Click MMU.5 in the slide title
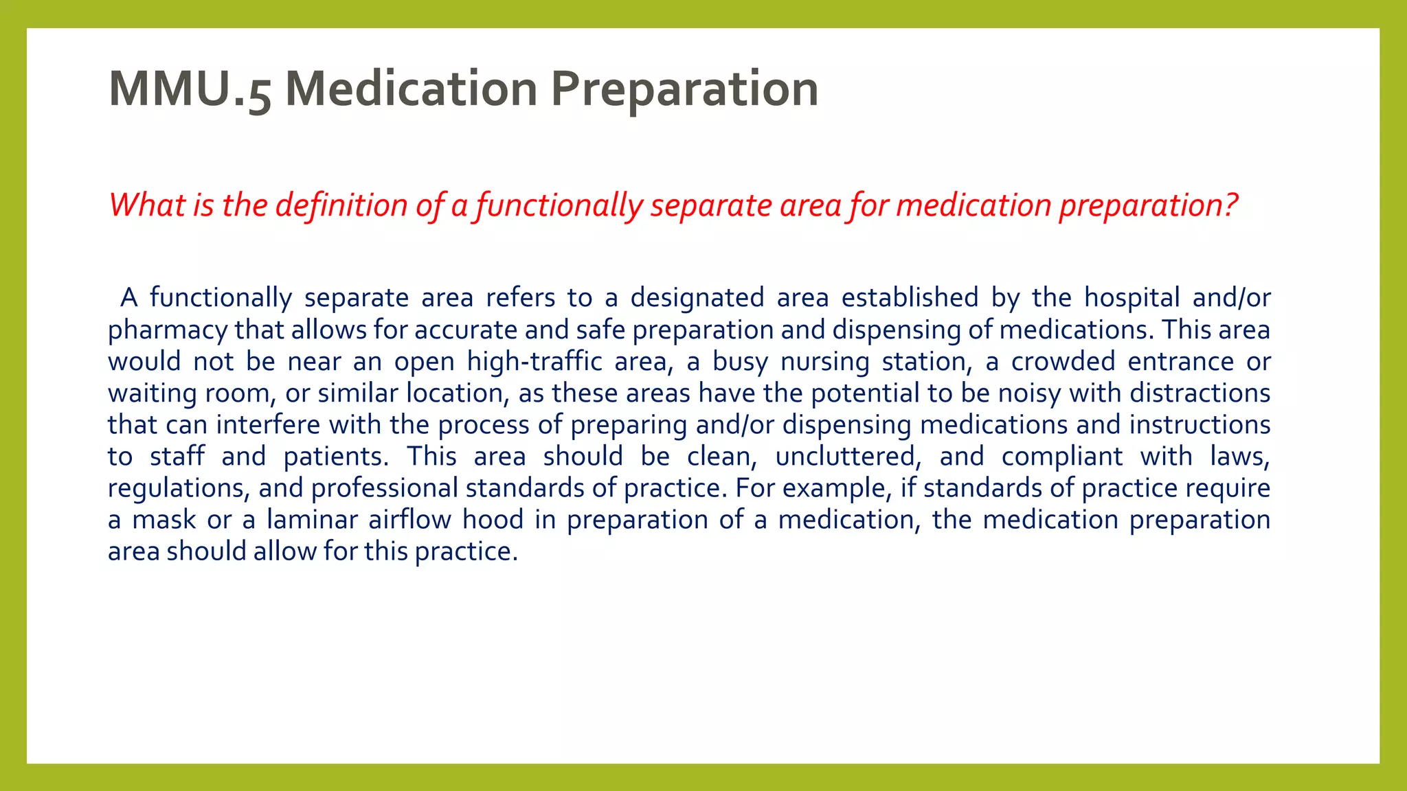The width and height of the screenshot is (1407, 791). click(190, 89)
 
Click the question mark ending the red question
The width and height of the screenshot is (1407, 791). click(1230, 205)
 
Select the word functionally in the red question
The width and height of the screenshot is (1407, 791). click(559, 205)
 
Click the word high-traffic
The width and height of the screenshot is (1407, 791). click(534, 362)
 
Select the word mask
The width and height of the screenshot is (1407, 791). click(164, 520)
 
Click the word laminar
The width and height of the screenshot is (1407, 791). click(313, 520)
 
